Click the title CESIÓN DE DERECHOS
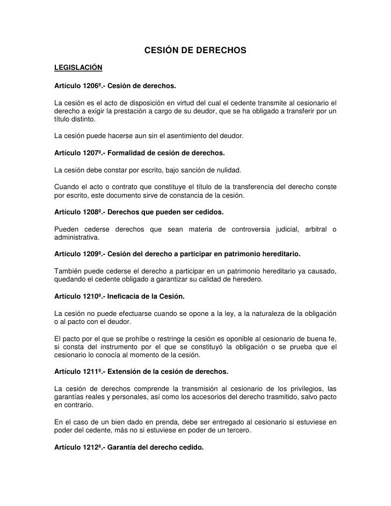pyautogui.click(x=195, y=51)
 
